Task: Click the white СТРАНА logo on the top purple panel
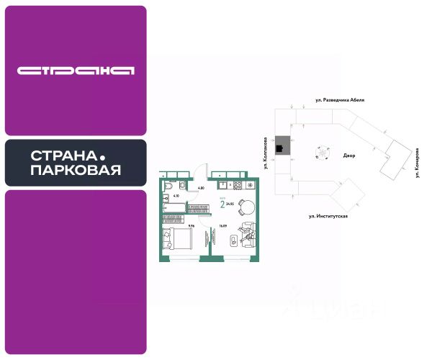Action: (x=76, y=71)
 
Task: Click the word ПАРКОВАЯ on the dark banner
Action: (x=76, y=171)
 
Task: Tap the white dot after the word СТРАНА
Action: (x=102, y=156)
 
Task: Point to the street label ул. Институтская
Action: (x=328, y=215)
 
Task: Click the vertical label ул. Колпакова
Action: (x=266, y=153)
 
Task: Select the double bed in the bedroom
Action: (x=176, y=238)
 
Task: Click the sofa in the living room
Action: (x=248, y=233)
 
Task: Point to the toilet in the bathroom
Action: (x=183, y=188)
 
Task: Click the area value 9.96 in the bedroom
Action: (x=191, y=225)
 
